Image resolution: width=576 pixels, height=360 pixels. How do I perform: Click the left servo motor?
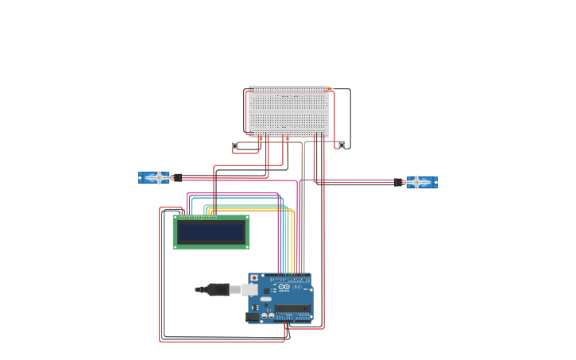pos(153,177)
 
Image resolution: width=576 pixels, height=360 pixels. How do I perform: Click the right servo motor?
pos(422,182)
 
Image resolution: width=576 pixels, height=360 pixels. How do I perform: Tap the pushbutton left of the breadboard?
pos(235,145)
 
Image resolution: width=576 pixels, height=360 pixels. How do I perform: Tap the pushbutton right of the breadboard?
pos(342,145)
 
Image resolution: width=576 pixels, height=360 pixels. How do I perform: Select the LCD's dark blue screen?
pos(211,232)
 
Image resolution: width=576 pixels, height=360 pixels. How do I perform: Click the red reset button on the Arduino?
pos(254,278)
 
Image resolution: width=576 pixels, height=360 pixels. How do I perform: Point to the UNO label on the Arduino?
pos(297,287)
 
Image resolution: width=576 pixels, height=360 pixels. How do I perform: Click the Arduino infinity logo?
pos(284,287)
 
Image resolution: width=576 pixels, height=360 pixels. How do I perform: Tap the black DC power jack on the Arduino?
pos(253,316)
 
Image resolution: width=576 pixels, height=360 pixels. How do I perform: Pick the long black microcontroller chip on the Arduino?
pos(292,308)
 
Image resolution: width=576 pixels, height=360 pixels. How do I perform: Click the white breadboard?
pos(288,111)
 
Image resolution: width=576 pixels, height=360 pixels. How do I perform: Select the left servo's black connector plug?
pos(179,177)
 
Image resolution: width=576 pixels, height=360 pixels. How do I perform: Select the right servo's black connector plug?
pos(397,182)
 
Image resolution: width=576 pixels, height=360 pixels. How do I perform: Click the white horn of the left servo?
pos(159,177)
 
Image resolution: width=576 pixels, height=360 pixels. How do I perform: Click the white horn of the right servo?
pos(416,182)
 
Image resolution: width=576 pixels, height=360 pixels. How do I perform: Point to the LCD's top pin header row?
pos(197,217)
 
